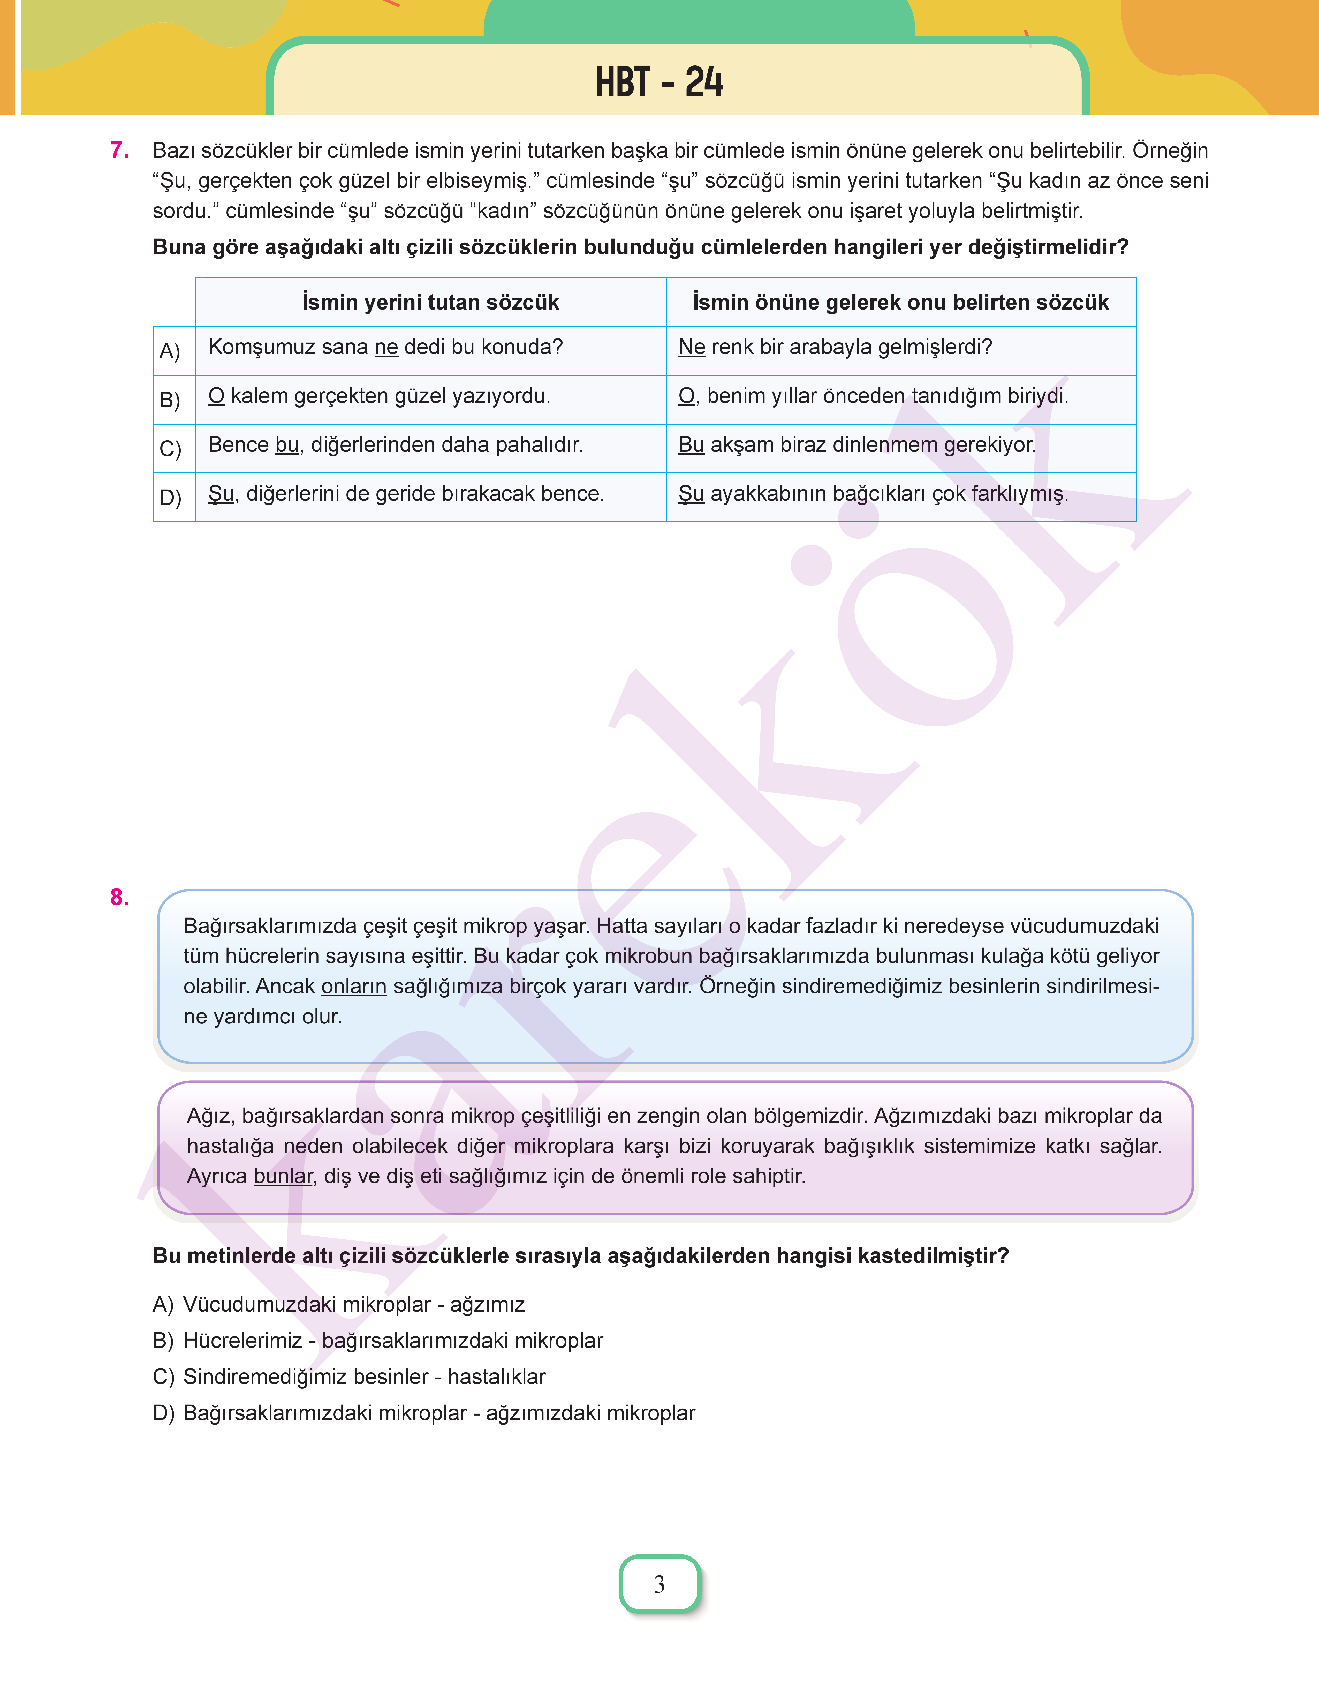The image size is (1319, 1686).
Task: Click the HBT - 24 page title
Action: point(659,82)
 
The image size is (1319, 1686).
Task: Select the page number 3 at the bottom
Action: point(659,1584)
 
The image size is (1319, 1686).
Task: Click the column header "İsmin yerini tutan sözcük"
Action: point(430,302)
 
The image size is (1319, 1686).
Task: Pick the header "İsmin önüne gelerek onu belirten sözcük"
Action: point(900,302)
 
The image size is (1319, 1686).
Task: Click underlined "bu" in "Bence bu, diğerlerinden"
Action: point(286,445)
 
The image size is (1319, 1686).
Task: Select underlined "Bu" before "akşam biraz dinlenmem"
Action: point(691,445)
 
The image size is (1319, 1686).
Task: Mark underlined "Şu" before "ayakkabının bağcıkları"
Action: point(691,494)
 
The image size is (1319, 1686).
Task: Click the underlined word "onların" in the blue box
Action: point(354,986)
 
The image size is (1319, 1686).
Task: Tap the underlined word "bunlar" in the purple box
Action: point(283,1176)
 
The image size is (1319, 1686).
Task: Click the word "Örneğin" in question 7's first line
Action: point(1170,150)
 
